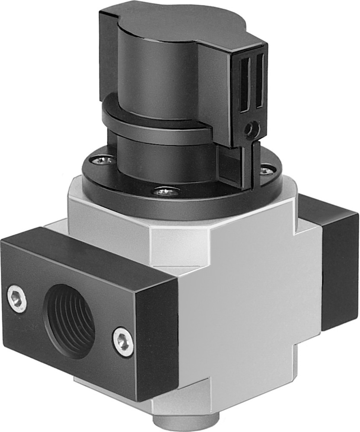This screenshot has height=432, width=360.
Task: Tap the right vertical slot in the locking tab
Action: [259, 80]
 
